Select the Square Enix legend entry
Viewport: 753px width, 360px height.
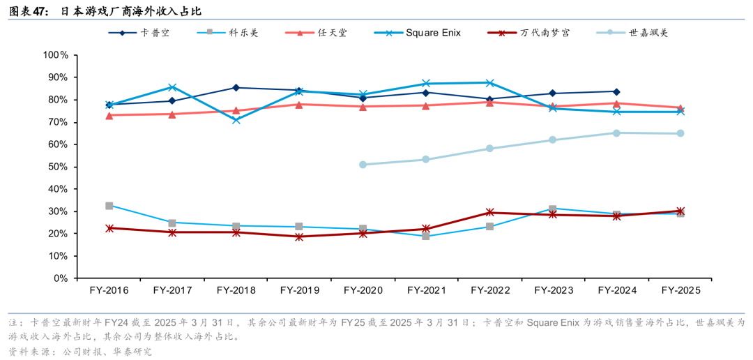[433, 33]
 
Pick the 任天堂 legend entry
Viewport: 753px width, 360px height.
[324, 33]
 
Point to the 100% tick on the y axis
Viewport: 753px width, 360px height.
[56, 55]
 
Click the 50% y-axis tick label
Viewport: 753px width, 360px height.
[59, 167]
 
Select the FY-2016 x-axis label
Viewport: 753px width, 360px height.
[109, 290]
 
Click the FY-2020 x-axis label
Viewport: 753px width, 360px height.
[363, 290]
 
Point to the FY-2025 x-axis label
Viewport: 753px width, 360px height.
[680, 290]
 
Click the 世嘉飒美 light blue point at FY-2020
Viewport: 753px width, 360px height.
[363, 165]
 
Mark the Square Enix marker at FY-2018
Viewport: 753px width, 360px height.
[236, 120]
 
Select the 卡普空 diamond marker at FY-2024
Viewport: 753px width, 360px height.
[616, 91]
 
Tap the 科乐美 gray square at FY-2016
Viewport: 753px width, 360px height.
[109, 206]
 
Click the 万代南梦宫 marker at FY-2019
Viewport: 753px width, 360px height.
[299, 237]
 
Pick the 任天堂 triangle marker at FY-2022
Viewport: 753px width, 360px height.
[490, 102]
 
